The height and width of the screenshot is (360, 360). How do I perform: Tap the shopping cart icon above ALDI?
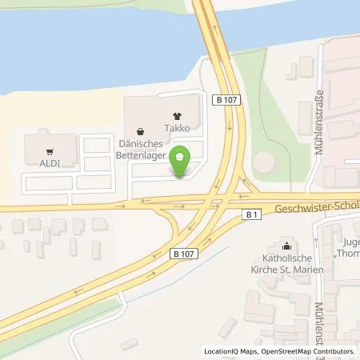pyautogui.click(x=49, y=150)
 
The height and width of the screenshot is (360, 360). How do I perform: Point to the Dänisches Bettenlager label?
pyautogui.click(x=142, y=150)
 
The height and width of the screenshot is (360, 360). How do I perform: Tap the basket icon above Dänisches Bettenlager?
pyautogui.click(x=141, y=130)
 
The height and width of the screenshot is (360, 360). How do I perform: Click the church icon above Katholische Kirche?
pyautogui.click(x=287, y=245)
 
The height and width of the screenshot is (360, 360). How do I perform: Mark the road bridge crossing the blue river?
pyautogui.click(x=210, y=32)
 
